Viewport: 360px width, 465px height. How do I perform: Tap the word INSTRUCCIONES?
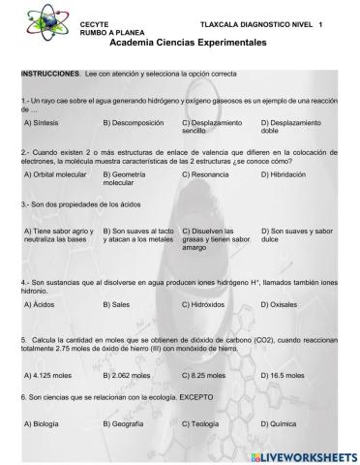click(x=49, y=74)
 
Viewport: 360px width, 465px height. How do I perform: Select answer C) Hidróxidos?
click(x=209, y=303)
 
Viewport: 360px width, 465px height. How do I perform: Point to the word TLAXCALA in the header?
click(x=220, y=22)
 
